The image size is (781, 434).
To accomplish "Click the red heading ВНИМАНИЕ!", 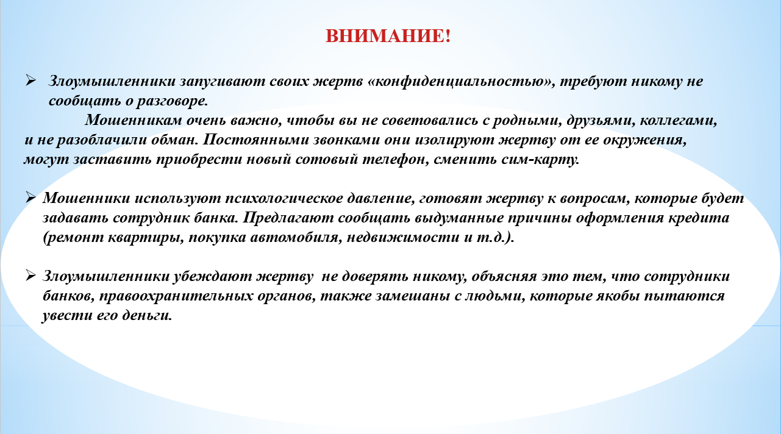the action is pos(388,36).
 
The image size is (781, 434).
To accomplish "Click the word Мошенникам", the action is pos(134,120).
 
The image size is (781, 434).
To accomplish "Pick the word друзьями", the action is pos(601,121).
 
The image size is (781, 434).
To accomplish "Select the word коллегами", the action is pos(678,121).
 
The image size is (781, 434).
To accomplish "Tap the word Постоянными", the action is pos(255,140).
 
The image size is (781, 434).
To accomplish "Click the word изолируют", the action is pos(454,140).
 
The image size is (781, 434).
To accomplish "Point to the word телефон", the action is pos(395,160).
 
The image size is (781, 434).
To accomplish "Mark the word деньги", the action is pos(146,316).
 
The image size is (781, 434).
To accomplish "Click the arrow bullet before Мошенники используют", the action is pos(30,197).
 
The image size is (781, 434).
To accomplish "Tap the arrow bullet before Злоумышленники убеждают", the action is pos(30,276).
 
